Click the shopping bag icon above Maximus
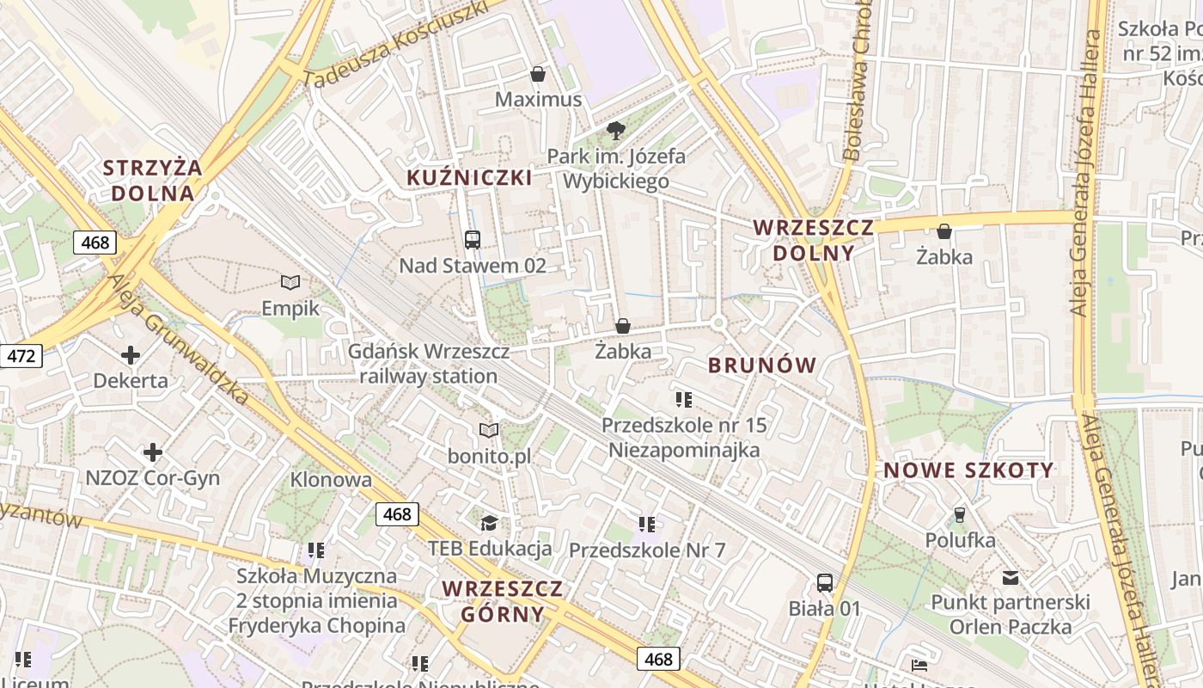(538, 74)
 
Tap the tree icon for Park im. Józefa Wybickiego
(615, 131)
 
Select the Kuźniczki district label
(469, 178)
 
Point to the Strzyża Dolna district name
(153, 180)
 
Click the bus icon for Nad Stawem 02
(472, 240)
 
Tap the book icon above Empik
(290, 282)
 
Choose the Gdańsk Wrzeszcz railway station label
(428, 364)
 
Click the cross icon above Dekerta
(131, 354)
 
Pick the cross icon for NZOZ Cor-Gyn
(153, 451)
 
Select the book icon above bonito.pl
(489, 430)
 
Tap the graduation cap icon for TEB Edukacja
(489, 523)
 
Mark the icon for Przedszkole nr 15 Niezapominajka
(684, 399)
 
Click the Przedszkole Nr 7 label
(647, 550)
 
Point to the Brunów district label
(762, 365)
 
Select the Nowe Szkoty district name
(968, 470)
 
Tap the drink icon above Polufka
(960, 514)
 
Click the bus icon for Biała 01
(825, 583)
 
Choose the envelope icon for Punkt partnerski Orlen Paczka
(1010, 578)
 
